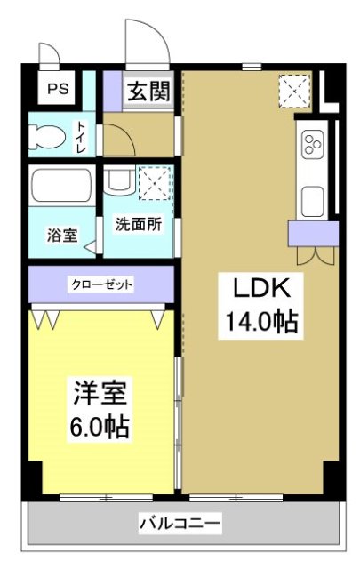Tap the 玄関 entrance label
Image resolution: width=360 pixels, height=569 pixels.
tap(148, 92)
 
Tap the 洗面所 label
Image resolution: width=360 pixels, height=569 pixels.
tap(139, 225)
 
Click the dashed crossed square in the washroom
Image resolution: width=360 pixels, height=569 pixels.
tap(155, 183)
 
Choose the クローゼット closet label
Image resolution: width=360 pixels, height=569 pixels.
tap(101, 284)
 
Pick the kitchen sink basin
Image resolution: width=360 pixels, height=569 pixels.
tap(312, 200)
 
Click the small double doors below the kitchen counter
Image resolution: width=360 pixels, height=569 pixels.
tap(314, 254)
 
